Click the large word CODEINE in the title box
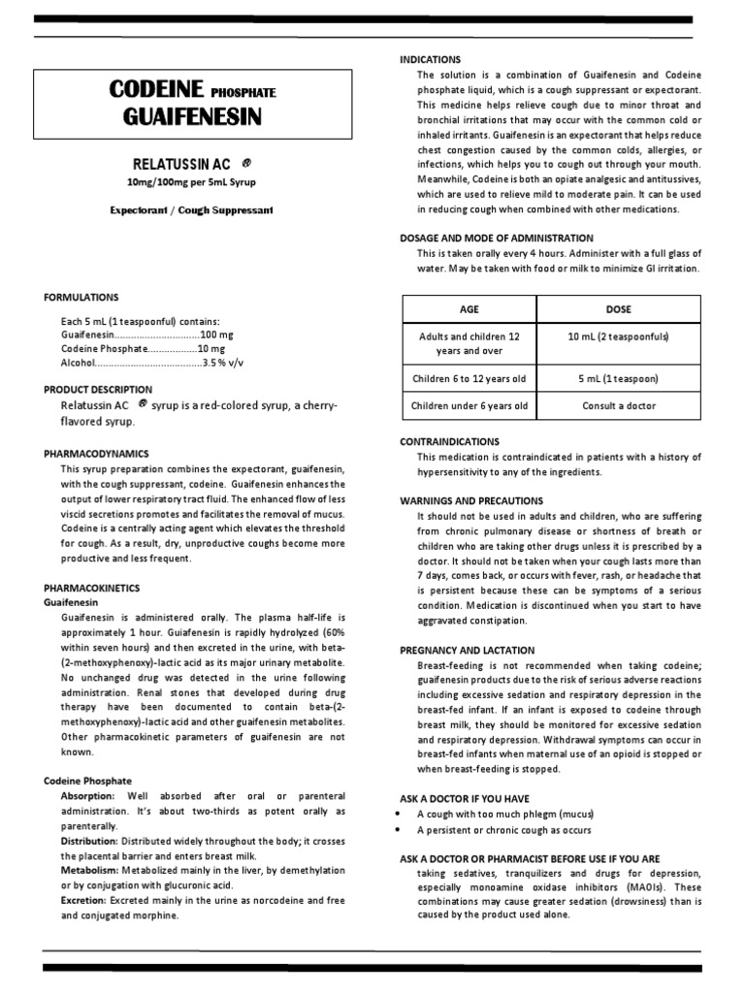(x=156, y=91)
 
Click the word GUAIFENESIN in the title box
(x=193, y=118)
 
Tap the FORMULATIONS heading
(x=81, y=298)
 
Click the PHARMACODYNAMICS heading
(x=97, y=453)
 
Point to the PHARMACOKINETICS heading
(x=92, y=588)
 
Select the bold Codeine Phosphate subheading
(x=88, y=780)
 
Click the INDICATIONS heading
(x=431, y=59)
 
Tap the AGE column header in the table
(x=470, y=309)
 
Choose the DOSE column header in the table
(x=618, y=309)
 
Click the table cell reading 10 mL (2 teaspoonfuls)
(x=618, y=336)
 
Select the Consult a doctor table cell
(x=618, y=405)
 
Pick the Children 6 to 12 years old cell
(x=470, y=377)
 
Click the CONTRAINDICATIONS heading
(x=450, y=441)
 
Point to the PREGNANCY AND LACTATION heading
(x=467, y=650)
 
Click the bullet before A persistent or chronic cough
(x=402, y=831)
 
